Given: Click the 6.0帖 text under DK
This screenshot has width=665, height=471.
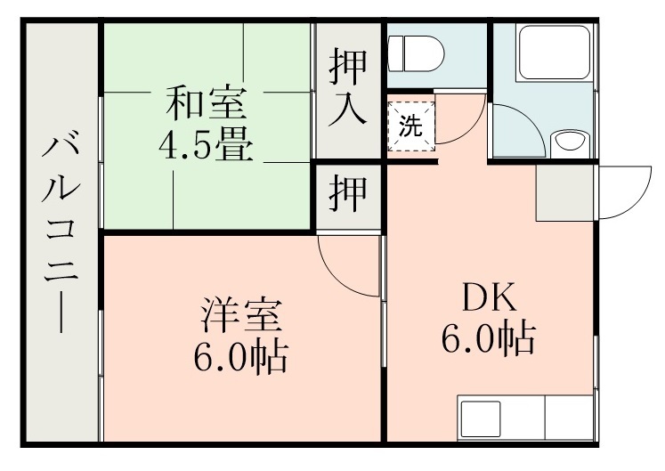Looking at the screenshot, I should (x=488, y=338).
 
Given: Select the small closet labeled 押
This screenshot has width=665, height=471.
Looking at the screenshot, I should (x=349, y=194).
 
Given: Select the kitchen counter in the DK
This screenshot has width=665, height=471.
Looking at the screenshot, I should (x=525, y=418).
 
